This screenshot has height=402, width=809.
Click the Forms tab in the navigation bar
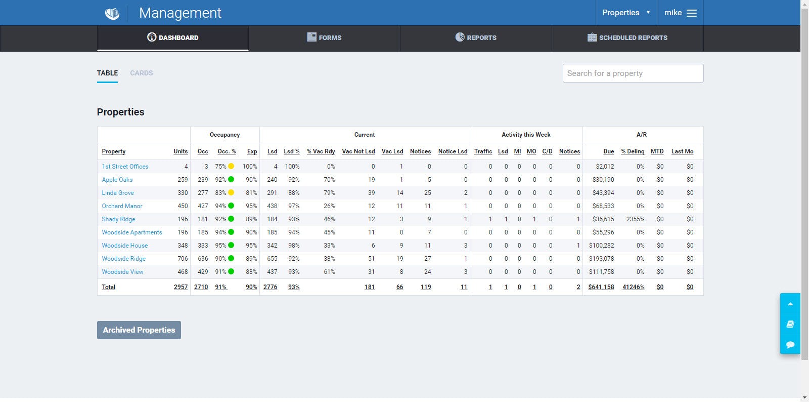[324, 37]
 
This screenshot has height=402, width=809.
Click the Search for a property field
[633, 73]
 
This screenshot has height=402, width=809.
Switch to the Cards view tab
[141, 73]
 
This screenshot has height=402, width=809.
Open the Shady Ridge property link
[118, 219]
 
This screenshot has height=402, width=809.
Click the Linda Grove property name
[118, 193]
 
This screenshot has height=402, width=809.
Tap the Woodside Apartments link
[132, 232]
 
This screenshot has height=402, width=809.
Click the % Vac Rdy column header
[321, 151]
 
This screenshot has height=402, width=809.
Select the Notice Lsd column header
[453, 151]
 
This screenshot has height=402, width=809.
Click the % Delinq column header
[633, 151]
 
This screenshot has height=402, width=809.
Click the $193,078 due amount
[601, 259]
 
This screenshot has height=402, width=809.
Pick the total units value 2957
[181, 287]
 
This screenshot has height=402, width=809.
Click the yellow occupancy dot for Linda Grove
[231, 193]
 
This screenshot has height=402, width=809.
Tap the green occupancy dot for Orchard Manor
[231, 206]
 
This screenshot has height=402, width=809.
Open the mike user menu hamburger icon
[692, 13]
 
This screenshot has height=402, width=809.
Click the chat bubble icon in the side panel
[790, 344]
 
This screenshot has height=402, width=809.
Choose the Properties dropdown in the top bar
[626, 13]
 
